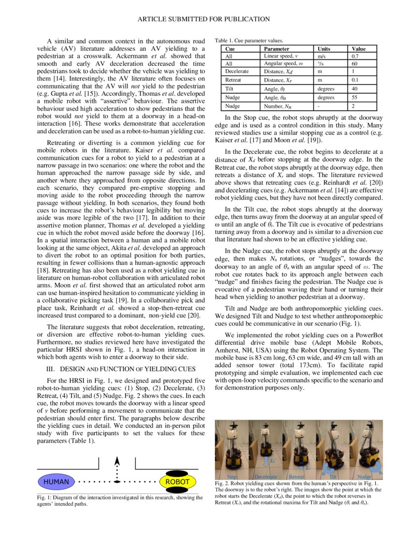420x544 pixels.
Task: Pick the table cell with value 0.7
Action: (x=356, y=56)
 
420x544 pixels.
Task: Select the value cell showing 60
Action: (x=355, y=64)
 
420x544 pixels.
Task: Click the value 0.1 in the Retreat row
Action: (x=356, y=80)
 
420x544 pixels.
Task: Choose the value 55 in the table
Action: (x=355, y=98)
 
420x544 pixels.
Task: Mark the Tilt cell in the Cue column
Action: (x=230, y=89)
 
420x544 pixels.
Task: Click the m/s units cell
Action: (x=322, y=56)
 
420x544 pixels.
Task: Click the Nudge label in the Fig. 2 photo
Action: (x=364, y=477)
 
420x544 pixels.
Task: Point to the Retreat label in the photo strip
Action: (x=296, y=477)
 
